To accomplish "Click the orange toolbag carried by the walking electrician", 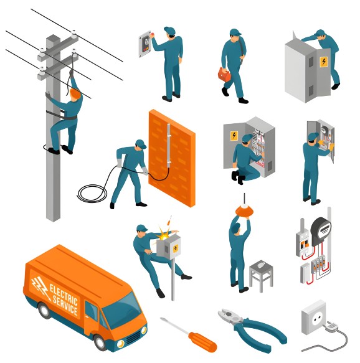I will point(224,75).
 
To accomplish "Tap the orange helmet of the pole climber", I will point(75,93).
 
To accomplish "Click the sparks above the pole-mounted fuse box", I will point(166,230).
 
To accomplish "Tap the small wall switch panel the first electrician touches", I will point(146,43).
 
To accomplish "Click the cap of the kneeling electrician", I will point(247,138).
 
